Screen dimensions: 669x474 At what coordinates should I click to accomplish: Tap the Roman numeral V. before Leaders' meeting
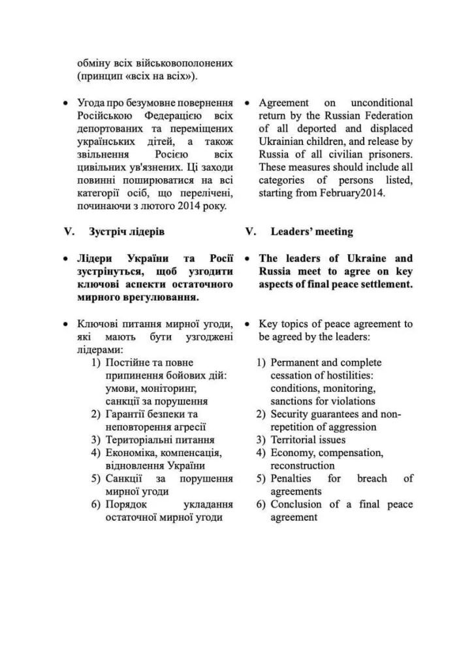click(x=251, y=232)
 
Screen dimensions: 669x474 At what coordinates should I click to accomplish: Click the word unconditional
click(x=382, y=103)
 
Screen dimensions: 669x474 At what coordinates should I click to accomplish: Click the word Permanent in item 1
click(x=296, y=363)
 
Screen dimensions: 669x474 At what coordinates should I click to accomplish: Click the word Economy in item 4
click(x=291, y=453)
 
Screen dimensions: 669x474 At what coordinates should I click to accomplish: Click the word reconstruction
click(x=302, y=466)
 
